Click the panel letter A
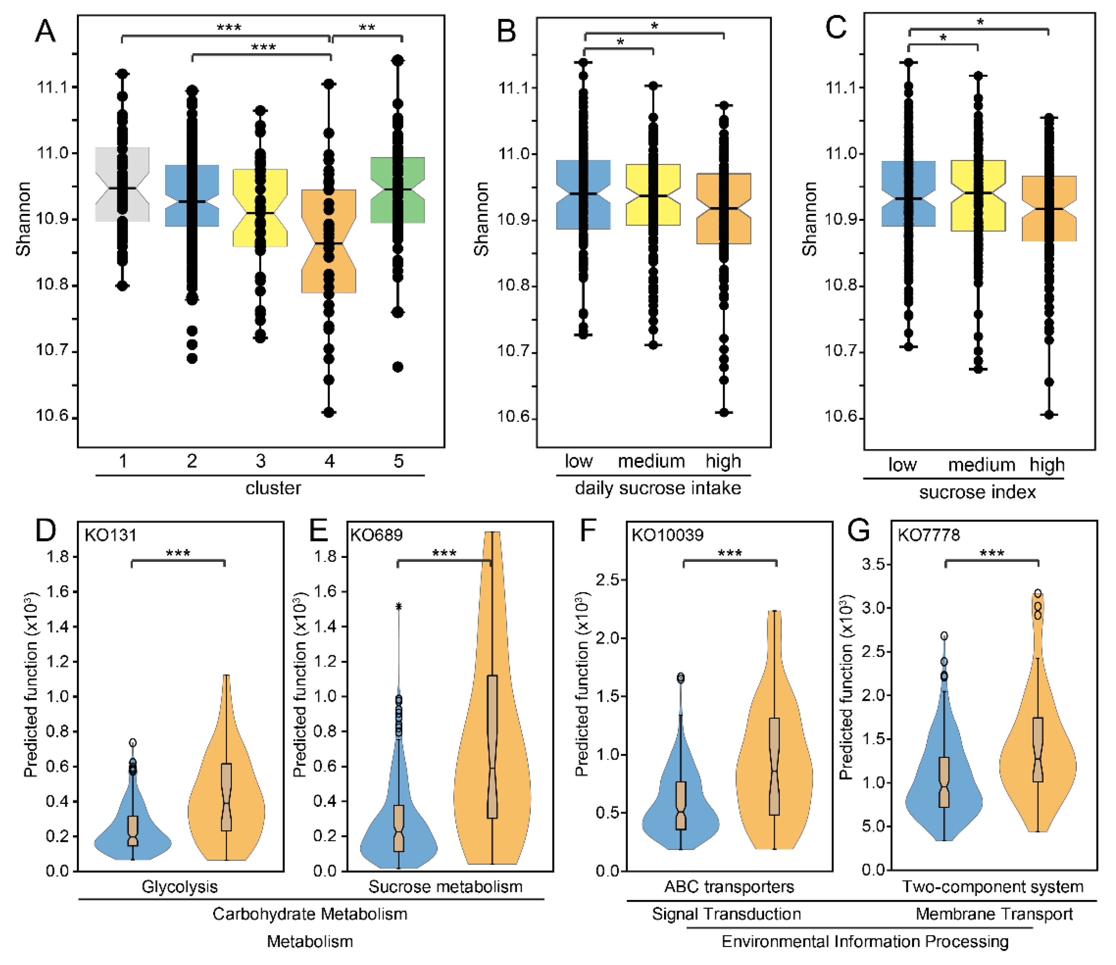point(45,31)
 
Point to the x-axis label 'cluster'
point(273,488)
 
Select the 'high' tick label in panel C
point(1047,464)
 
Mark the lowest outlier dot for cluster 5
point(398,367)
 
